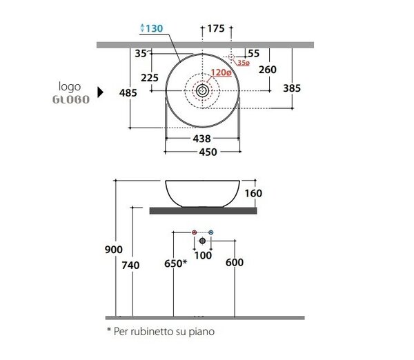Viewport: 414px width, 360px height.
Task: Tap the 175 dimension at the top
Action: [x=216, y=28]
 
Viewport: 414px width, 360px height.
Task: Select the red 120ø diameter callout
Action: [x=221, y=72]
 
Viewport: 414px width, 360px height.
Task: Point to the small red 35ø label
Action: [x=244, y=63]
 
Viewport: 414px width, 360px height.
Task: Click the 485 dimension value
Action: [x=128, y=93]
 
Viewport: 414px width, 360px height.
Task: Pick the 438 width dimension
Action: [x=201, y=139]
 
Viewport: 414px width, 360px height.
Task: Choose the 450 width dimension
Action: [x=208, y=152]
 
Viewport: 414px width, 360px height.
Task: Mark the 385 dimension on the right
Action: [x=292, y=88]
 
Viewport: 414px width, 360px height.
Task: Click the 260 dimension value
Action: [x=268, y=70]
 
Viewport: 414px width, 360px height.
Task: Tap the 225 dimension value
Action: [x=150, y=78]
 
